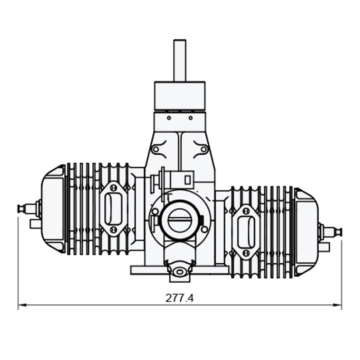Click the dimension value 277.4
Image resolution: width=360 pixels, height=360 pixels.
coord(180,298)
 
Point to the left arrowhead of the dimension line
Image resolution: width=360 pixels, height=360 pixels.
coord(21,305)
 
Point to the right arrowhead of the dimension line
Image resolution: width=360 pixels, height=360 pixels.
coord(339,305)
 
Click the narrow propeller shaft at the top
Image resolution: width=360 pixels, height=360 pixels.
coord(180,60)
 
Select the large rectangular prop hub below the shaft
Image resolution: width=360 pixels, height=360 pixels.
coord(180,96)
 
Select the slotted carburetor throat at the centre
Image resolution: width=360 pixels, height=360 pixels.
coord(180,220)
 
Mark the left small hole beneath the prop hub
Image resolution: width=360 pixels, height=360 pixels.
coord(168,118)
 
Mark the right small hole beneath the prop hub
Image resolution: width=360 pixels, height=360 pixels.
coord(191,118)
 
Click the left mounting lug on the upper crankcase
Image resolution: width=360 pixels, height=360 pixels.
coord(156,149)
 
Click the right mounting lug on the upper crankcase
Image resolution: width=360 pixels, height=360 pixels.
coord(203,149)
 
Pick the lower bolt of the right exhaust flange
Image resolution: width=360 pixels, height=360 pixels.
coord(246,253)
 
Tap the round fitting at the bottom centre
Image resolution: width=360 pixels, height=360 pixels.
coord(180,271)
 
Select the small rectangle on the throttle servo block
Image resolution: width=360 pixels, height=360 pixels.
coord(188,180)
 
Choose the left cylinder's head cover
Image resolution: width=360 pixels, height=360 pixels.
coord(53,208)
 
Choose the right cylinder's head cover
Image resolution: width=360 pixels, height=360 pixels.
coord(306,232)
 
